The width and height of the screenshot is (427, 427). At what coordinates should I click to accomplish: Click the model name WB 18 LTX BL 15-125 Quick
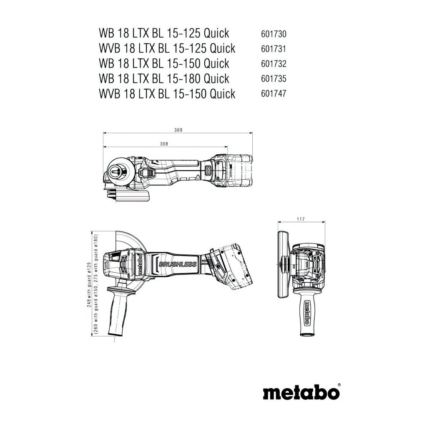point(164,33)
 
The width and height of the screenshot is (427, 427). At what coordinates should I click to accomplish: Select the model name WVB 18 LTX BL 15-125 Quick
point(167,48)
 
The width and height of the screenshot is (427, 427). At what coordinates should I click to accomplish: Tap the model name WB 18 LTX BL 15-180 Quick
point(164,78)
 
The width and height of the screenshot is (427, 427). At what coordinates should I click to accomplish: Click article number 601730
point(273,34)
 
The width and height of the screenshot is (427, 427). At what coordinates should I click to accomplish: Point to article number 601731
point(273,49)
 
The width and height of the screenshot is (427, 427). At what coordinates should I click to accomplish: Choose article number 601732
point(273,64)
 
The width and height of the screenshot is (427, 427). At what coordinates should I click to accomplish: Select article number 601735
point(273,79)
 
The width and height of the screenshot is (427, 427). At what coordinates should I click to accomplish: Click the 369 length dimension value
point(178,130)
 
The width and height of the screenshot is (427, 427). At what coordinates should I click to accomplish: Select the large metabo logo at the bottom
point(301,392)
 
